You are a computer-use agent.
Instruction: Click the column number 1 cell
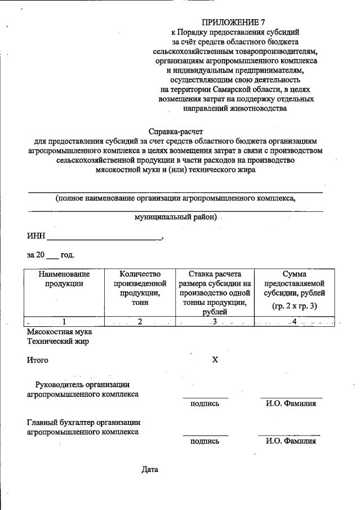pyautogui.click(x=64, y=322)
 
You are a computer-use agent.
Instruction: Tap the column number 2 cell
pyautogui.click(x=140, y=322)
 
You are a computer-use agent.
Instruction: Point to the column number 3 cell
pyautogui.click(x=215, y=322)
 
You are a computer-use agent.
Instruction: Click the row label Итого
pyautogui.click(x=37, y=360)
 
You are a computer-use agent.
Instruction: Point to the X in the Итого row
pyautogui.click(x=215, y=359)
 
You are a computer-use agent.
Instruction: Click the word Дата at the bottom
pyautogui.click(x=150, y=469)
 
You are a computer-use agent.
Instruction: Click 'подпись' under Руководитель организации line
pyautogui.click(x=205, y=403)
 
